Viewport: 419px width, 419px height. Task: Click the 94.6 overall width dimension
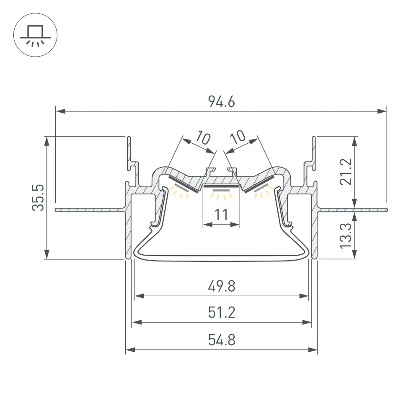tap(221, 102)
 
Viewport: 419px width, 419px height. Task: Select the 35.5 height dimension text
tap(38, 197)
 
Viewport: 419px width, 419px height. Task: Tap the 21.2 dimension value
tap(346, 172)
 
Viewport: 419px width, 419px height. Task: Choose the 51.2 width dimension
tap(221, 313)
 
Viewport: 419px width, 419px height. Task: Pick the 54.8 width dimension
tap(221, 340)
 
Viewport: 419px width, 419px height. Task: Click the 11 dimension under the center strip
tap(221, 215)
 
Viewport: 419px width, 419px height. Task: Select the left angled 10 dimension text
tap(202, 138)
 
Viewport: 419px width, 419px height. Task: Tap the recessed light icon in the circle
tap(35, 36)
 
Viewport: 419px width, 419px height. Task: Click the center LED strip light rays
tap(221, 195)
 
